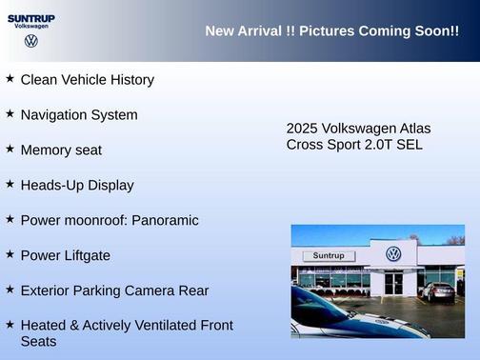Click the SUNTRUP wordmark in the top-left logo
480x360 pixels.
click(31, 18)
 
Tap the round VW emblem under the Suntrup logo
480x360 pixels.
click(31, 41)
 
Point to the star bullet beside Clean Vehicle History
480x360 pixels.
click(10, 78)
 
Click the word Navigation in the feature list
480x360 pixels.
click(56, 115)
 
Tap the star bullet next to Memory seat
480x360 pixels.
click(10, 149)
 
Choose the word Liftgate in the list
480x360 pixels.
click(85, 255)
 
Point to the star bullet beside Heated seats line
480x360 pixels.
click(10, 324)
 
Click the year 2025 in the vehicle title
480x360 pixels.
click(302, 129)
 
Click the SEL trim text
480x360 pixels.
click(407, 145)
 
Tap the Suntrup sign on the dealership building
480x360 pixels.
click(329, 256)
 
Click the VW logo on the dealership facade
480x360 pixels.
click(393, 254)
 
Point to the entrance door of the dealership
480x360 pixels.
click(393, 283)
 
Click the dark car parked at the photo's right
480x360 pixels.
click(438, 291)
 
